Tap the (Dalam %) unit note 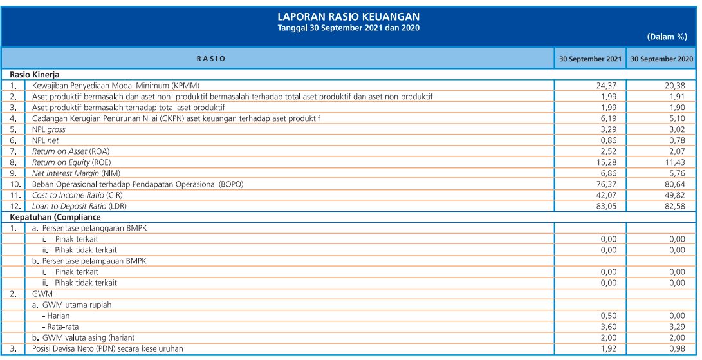point(667,37)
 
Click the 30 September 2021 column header point(590,59)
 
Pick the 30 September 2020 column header point(661,59)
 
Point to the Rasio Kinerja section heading point(35,75)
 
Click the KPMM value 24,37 point(609,86)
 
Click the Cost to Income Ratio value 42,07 point(609,195)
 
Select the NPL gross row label point(49,129)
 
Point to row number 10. point(13,184)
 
